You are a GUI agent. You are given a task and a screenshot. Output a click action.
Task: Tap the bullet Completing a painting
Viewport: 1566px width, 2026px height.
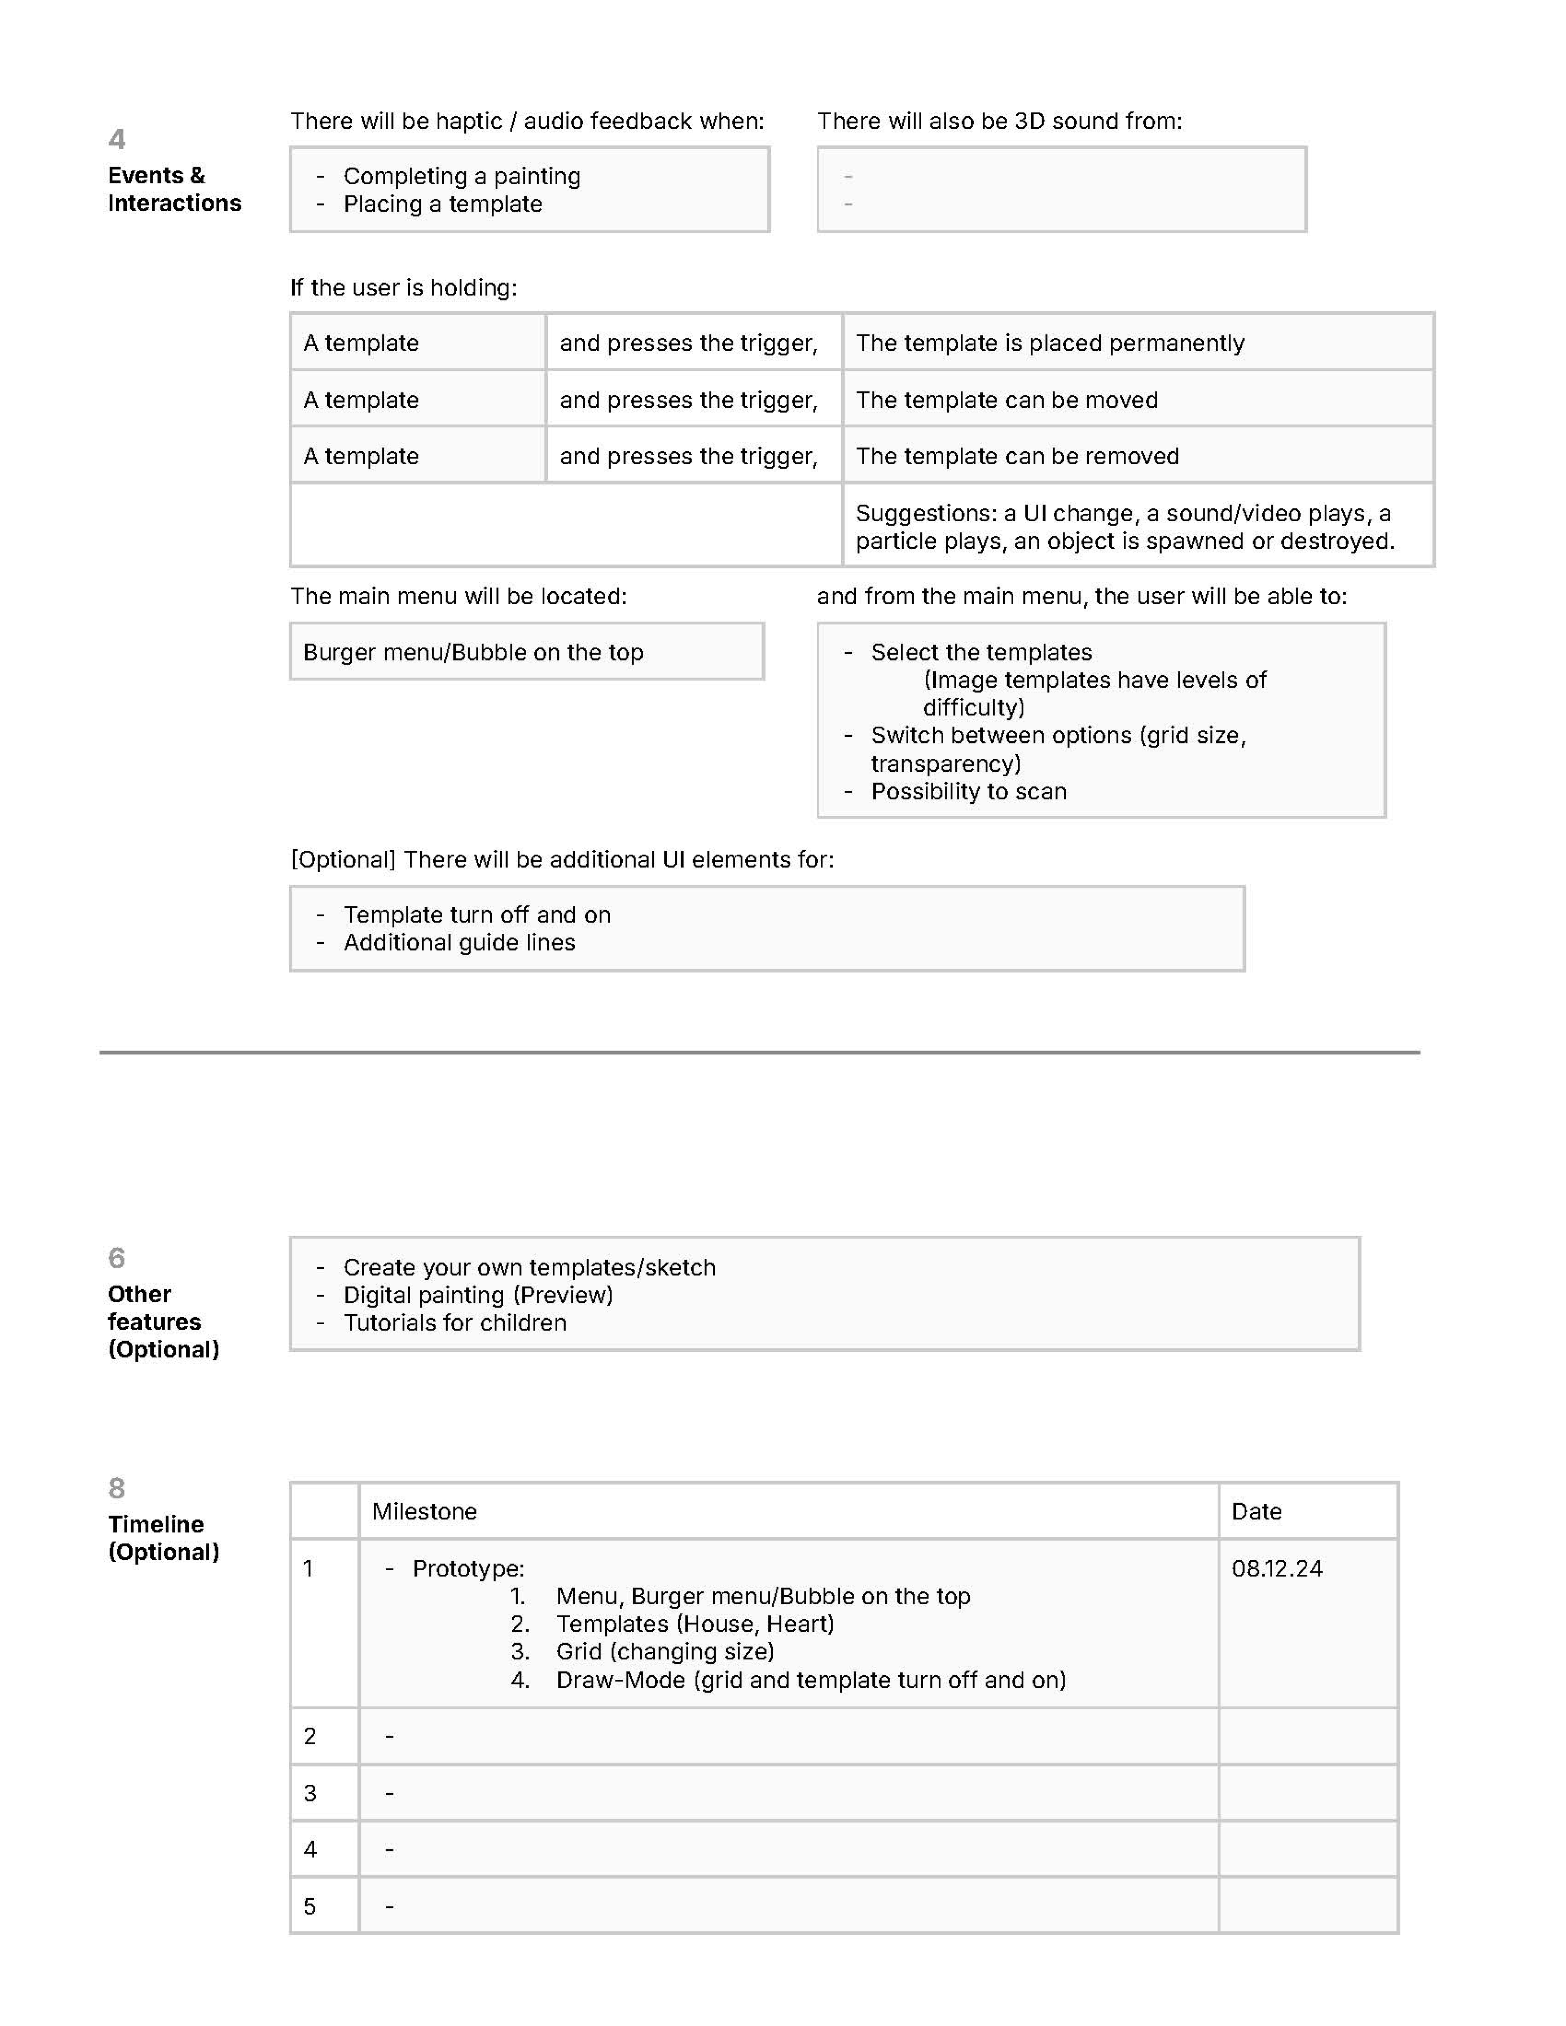point(461,176)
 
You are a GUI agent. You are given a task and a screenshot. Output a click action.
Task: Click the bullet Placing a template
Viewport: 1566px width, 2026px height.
point(443,204)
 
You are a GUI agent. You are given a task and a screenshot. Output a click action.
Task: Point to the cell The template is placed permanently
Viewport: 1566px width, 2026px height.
point(1049,343)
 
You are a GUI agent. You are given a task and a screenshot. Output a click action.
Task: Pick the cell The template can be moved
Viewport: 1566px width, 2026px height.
point(1007,400)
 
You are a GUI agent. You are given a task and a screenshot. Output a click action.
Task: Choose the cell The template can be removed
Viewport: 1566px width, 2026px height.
point(1017,456)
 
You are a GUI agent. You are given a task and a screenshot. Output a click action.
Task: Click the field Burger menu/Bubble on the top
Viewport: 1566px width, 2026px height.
point(473,652)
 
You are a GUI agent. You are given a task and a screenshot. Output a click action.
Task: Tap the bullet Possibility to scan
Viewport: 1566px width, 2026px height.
point(969,791)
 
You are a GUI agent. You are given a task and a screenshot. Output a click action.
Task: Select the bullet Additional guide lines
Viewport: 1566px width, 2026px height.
point(459,943)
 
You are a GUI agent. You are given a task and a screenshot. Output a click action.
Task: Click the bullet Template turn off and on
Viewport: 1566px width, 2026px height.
point(477,915)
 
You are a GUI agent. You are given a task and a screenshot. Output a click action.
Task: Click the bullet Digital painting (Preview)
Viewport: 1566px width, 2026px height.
point(478,1295)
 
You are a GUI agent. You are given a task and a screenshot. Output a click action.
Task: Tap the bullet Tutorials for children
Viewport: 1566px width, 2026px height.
point(455,1323)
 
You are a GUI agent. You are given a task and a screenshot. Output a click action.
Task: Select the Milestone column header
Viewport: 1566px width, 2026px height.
point(424,1511)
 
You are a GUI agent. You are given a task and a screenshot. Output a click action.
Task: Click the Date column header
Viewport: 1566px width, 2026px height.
point(1256,1511)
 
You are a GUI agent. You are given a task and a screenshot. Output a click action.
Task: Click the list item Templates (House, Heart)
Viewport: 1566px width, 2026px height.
point(695,1623)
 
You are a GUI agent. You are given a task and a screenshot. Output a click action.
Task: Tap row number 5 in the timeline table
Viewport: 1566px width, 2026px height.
point(310,1906)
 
